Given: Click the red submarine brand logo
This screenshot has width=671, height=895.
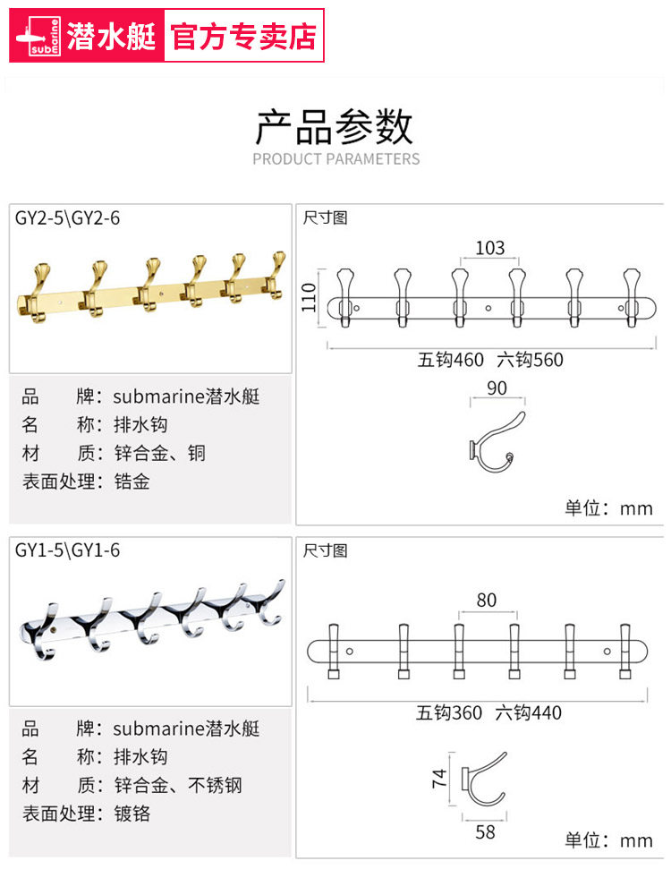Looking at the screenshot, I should click(39, 36).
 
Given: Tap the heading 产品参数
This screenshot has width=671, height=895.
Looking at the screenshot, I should click(335, 126).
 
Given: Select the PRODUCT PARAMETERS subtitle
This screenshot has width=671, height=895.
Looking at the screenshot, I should click(335, 159).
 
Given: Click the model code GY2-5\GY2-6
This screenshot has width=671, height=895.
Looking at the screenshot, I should click(67, 217).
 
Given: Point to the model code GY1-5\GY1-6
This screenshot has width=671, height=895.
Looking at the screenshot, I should click(67, 550).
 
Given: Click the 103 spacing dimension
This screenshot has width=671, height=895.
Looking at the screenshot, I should click(489, 248).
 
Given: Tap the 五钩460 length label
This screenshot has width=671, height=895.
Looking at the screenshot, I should click(451, 361).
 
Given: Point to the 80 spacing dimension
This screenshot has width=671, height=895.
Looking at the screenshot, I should click(486, 600).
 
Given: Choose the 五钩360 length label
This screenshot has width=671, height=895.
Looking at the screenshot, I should click(449, 713).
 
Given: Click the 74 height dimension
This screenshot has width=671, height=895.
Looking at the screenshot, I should click(439, 779).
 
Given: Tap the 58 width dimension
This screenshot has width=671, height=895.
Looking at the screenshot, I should click(485, 832).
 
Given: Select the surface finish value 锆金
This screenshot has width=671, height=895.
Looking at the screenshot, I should click(132, 482).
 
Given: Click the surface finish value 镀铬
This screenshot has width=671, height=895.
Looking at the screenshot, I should click(132, 814).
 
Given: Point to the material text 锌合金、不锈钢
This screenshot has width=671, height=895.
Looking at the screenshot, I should click(178, 785).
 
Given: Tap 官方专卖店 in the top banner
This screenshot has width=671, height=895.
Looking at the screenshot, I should click(243, 36).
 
